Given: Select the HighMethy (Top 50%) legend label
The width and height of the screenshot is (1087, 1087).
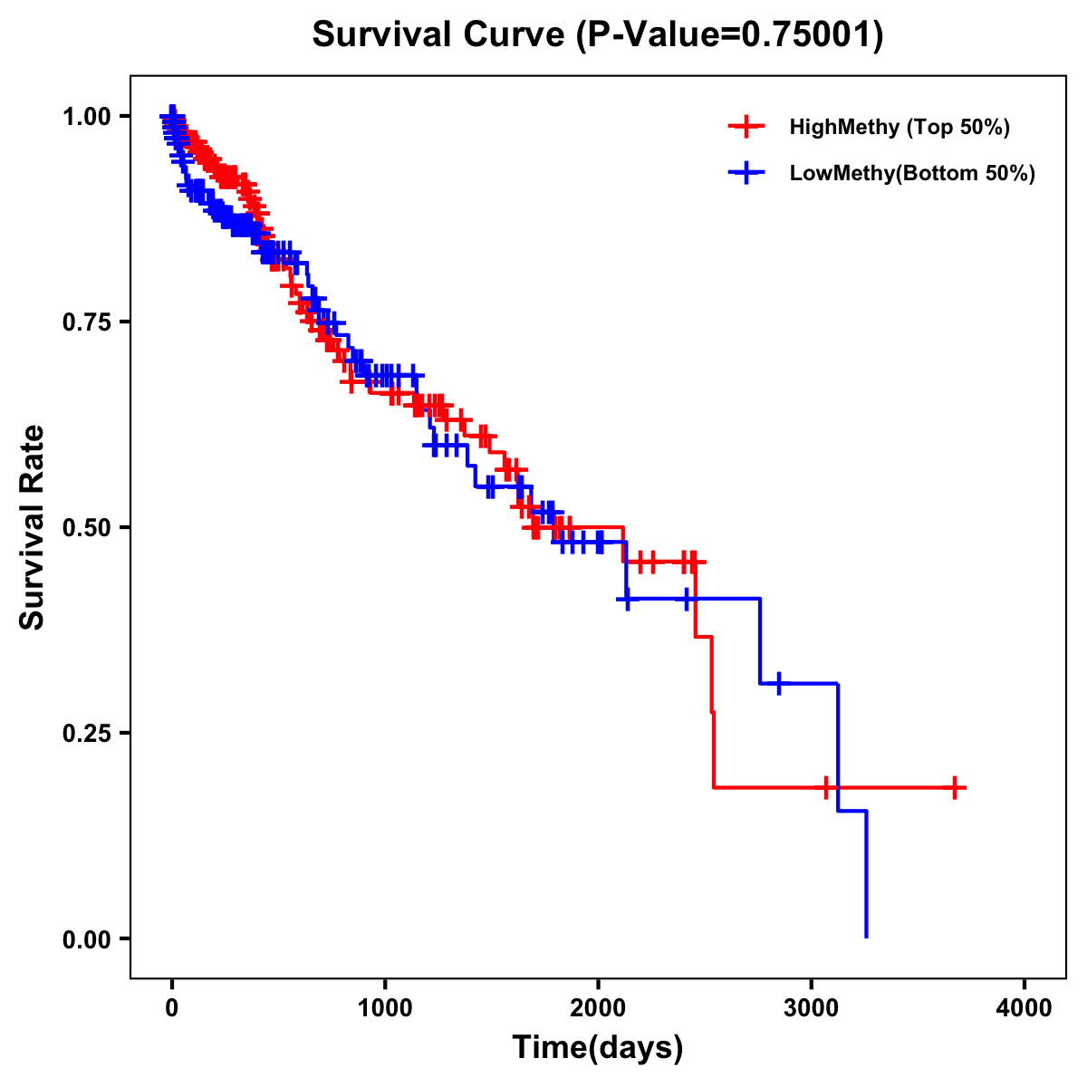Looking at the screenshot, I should (x=899, y=127).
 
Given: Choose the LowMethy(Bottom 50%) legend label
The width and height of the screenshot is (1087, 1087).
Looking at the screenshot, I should (x=912, y=173).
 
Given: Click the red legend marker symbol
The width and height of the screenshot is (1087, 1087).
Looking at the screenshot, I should (x=746, y=127).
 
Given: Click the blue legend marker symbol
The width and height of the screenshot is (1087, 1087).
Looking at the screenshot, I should (x=746, y=173).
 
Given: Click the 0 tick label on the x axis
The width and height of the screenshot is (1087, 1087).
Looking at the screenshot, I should (x=172, y=1008).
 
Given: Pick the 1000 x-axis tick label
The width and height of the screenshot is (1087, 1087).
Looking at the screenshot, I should (x=385, y=1008).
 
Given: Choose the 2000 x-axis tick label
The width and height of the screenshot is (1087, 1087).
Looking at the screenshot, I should (x=598, y=1008).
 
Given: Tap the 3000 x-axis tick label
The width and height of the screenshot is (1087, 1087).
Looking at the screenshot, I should (x=812, y=1008).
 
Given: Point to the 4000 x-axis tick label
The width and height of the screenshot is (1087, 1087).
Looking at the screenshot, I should (x=1024, y=1008).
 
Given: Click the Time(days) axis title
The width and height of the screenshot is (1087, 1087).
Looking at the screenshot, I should (x=598, y=1048).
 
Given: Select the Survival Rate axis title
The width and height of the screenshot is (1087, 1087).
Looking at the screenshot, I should (x=33, y=527).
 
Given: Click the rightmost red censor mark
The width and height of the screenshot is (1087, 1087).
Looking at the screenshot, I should (x=955, y=788).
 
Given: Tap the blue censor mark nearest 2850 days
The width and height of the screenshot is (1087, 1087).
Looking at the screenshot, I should (x=778, y=683).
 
